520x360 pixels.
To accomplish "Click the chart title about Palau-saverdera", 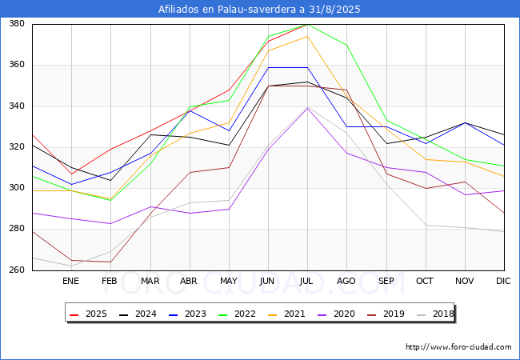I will [260, 10].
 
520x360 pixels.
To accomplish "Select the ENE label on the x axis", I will [70, 282].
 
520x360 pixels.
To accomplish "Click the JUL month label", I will [307, 282].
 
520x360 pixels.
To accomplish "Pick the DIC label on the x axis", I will [503, 282].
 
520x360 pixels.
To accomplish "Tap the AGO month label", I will [346, 282].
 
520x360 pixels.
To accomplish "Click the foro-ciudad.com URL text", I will [458, 347].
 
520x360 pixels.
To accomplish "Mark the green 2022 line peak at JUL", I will [307, 24].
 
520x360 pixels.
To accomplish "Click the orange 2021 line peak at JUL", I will [307, 36].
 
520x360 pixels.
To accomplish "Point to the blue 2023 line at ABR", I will [190, 110].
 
